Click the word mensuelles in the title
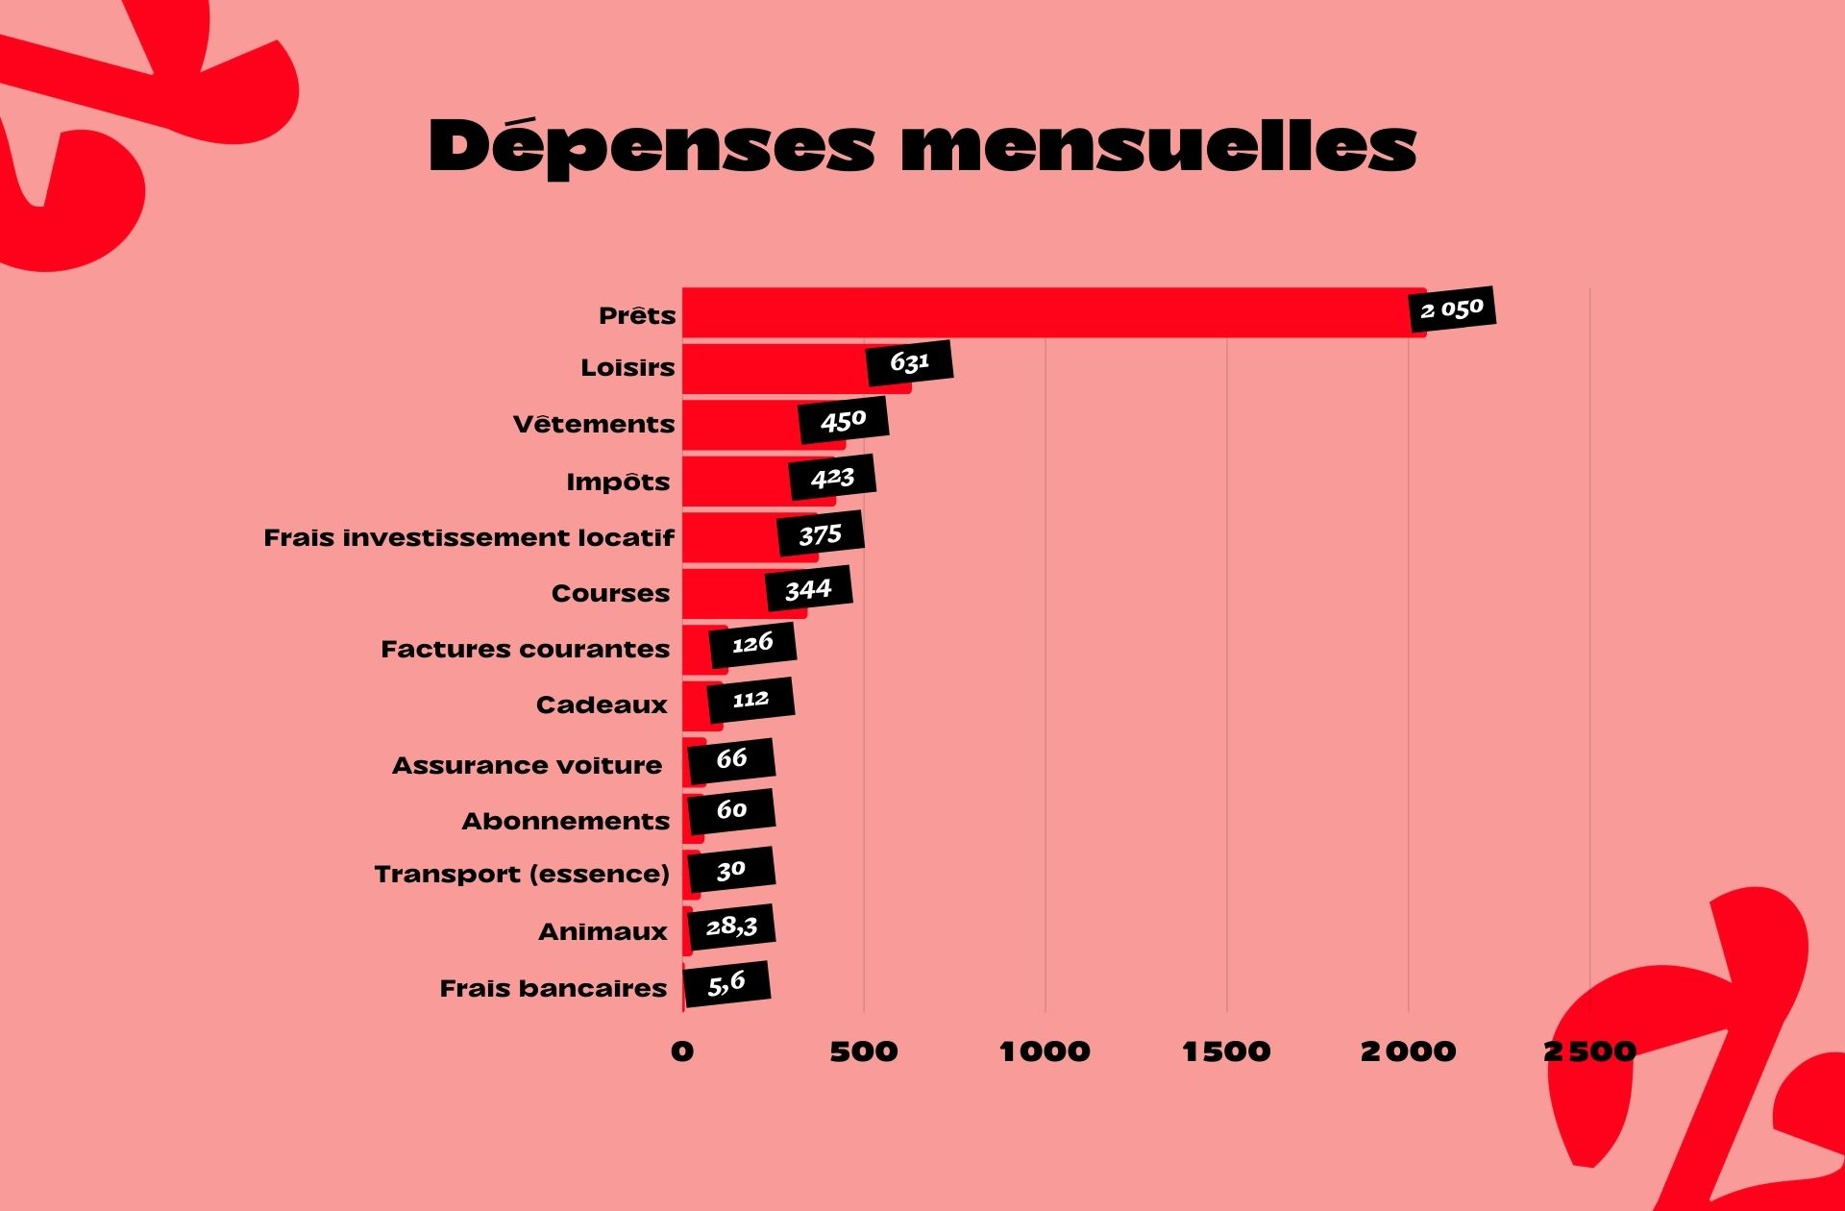point(1158,147)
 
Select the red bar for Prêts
point(1047,312)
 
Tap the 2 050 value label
point(1452,309)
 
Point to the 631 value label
point(909,362)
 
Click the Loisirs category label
point(627,367)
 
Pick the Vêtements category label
point(594,424)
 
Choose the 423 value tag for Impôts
point(832,478)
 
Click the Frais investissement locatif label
point(469,537)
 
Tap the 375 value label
point(820,534)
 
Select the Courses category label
point(610,593)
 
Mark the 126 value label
point(752,644)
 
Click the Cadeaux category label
point(602,704)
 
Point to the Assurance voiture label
point(527,765)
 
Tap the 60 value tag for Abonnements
point(731,810)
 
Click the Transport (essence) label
point(522,874)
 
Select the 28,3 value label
point(731,927)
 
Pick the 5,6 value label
point(726,983)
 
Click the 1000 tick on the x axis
point(1045,1051)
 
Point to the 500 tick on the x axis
point(863,1051)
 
